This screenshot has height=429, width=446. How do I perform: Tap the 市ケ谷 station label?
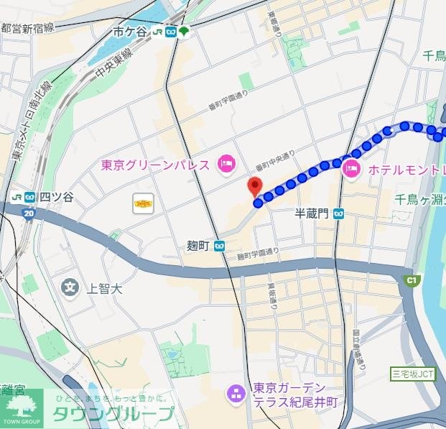tap(129, 32)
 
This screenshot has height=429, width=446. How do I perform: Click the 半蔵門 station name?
tap(312, 213)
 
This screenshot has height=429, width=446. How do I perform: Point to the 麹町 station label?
tap(197, 246)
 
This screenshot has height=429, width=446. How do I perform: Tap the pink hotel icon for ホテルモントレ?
tap(352, 170)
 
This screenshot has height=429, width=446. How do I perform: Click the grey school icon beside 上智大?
tap(70, 288)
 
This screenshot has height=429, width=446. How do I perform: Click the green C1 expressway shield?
tap(412, 280)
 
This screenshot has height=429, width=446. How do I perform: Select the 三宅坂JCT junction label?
tap(413, 373)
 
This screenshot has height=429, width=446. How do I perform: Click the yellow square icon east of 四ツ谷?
tap(143, 203)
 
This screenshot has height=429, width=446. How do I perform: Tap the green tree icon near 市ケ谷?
tap(185, 32)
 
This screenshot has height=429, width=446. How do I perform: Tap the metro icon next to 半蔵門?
tap(338, 213)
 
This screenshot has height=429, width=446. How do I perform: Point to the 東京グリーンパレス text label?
tap(155, 165)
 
